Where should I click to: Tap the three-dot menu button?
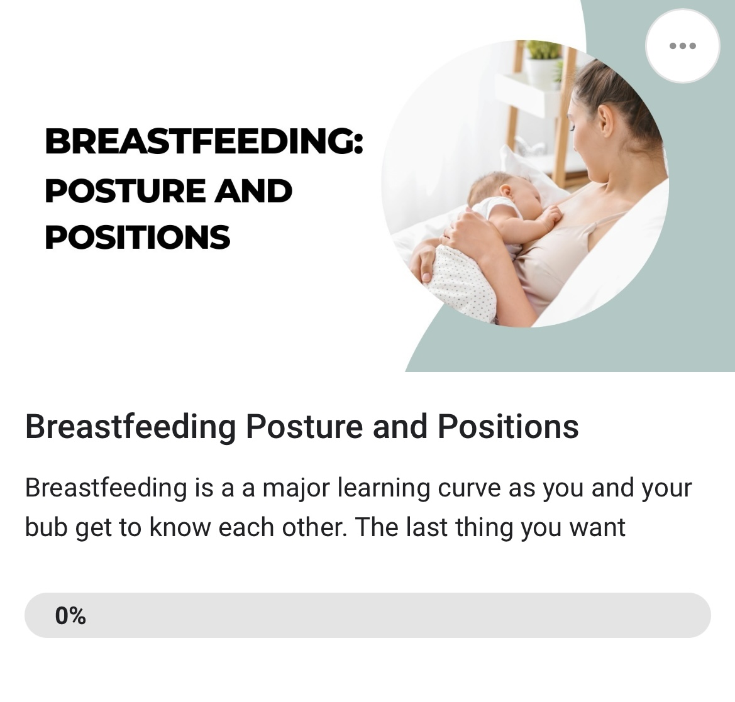683,46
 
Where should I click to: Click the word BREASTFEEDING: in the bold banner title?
204,141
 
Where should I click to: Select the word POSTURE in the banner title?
125,191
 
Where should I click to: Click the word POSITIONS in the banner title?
137,237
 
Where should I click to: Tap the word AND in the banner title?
253,191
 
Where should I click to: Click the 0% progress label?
70,615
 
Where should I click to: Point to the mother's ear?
605,121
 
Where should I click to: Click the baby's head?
499,193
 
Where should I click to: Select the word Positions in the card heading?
508,427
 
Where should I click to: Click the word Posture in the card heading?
304,427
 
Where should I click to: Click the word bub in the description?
46,527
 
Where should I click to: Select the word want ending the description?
597,528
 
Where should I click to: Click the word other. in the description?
314,527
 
